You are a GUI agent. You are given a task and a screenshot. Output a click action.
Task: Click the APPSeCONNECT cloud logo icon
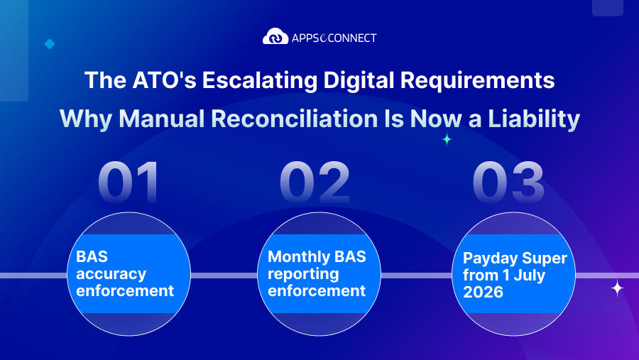coord(275,36)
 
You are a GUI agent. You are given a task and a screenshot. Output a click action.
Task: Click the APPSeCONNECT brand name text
coord(334,37)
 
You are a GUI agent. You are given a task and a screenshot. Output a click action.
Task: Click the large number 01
coord(129,183)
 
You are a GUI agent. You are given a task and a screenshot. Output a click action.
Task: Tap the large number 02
coord(315,183)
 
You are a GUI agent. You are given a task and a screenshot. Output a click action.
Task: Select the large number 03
coord(508,183)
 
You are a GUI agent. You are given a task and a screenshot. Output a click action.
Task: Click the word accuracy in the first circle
coord(111,274)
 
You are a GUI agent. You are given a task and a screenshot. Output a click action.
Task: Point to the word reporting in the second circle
coord(303,274)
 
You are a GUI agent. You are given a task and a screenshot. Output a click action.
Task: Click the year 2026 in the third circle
coord(484,292)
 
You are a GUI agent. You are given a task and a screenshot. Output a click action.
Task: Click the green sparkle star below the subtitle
coord(447,140)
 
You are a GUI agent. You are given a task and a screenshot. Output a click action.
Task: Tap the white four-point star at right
coord(617,288)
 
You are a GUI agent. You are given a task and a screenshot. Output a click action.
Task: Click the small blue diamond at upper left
coord(49,44)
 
